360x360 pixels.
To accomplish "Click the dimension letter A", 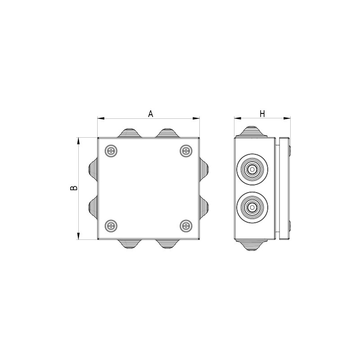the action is [x=150, y=114].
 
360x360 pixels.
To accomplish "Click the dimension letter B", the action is [x=73, y=188].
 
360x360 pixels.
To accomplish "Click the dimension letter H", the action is [x=262, y=114].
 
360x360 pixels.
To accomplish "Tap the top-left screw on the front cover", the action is [x=111, y=151].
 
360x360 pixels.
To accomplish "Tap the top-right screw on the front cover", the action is [x=186, y=151].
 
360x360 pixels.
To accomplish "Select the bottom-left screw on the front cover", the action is [x=111, y=226].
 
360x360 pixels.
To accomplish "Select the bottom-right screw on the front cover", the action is [x=186, y=226].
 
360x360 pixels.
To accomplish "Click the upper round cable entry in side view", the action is [x=252, y=170].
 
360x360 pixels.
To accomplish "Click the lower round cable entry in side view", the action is [x=252, y=207].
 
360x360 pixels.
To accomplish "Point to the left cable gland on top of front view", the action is [x=130, y=133].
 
